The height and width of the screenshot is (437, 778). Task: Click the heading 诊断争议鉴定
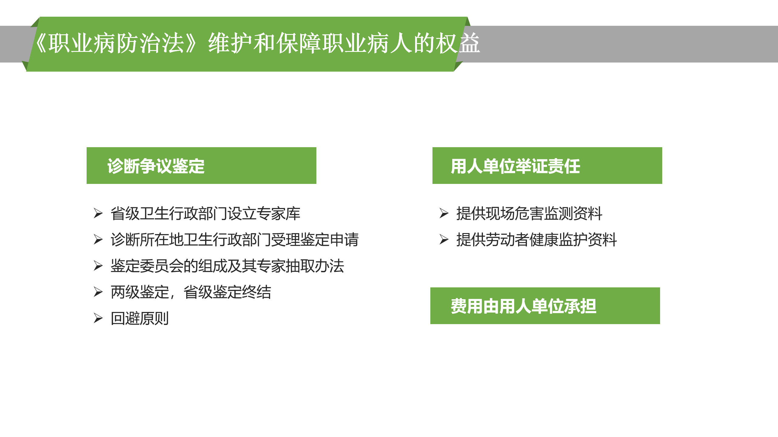pyautogui.click(x=156, y=166)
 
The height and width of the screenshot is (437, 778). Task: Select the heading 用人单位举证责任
pyautogui.click(x=515, y=166)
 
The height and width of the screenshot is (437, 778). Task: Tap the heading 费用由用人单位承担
pyautogui.click(x=523, y=306)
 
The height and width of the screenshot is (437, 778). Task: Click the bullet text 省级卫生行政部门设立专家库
pyautogui.click(x=205, y=213)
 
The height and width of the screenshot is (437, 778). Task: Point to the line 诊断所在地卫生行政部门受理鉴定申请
pyautogui.click(x=235, y=240)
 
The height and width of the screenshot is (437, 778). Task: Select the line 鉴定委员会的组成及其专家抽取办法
pyautogui.click(x=227, y=266)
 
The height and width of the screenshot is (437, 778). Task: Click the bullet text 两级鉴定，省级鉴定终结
pyautogui.click(x=191, y=292)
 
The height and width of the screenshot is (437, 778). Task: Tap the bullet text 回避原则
pyautogui.click(x=140, y=318)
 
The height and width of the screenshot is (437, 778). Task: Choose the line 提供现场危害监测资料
pyautogui.click(x=529, y=213)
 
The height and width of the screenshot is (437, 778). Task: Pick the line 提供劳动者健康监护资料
pyautogui.click(x=536, y=240)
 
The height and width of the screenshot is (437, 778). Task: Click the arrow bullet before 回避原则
pyautogui.click(x=98, y=318)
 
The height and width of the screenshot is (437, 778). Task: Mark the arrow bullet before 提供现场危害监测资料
pyautogui.click(x=444, y=213)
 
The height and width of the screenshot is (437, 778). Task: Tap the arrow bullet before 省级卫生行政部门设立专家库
pyautogui.click(x=98, y=213)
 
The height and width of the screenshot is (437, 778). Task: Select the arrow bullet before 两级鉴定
pyautogui.click(x=98, y=292)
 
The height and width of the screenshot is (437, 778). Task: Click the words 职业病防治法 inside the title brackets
pyautogui.click(x=116, y=43)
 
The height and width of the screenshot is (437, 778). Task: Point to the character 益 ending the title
pyautogui.click(x=470, y=43)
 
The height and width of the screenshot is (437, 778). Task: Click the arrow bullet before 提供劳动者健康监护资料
pyautogui.click(x=444, y=239)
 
